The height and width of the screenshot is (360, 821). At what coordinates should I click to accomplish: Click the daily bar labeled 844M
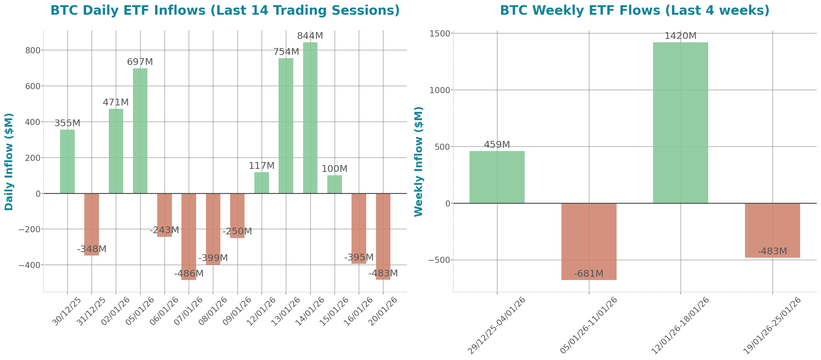(x=310, y=118)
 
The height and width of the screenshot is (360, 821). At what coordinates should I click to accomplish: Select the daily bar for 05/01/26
(x=140, y=131)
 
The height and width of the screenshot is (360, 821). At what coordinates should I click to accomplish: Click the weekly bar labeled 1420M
(x=680, y=123)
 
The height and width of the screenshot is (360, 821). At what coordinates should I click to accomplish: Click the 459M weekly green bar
(x=497, y=177)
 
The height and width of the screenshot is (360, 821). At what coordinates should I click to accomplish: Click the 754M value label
(x=286, y=51)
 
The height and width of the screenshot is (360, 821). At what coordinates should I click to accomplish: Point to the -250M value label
(x=237, y=231)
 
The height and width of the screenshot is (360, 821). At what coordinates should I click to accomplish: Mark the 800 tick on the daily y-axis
(x=33, y=50)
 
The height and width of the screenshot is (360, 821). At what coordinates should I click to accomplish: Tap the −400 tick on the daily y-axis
(x=30, y=265)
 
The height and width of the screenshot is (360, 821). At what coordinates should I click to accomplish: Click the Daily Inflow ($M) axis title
(x=9, y=161)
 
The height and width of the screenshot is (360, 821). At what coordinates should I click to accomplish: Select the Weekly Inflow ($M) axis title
(x=418, y=161)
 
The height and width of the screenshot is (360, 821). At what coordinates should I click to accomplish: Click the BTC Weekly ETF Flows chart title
(x=635, y=10)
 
